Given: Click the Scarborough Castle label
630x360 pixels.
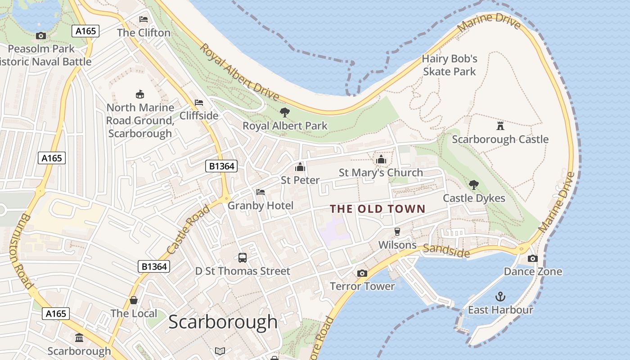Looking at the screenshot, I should click(500, 139).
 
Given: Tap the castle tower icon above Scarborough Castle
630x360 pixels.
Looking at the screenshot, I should click(500, 125).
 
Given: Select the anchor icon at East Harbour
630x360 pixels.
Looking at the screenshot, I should click(500, 297).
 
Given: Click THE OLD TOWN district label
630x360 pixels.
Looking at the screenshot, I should click(378, 209).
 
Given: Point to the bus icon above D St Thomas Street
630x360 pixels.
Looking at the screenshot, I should click(243, 258).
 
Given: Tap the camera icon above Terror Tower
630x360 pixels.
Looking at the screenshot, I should click(362, 273).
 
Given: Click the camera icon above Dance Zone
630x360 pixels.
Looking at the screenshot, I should click(532, 258).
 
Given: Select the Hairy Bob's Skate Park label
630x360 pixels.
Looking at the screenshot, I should click(449, 65).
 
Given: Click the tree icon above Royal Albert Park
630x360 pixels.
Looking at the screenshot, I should click(284, 112).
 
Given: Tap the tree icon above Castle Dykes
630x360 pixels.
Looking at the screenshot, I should click(473, 184).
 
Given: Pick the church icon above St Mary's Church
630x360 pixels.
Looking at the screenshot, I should click(381, 159).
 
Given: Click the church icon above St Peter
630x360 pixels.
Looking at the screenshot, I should click(300, 167).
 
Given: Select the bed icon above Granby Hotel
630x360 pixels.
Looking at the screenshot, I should click(261, 192).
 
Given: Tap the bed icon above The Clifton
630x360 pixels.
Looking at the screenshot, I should click(144, 19).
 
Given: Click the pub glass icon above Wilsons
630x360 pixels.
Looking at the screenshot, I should click(397, 232).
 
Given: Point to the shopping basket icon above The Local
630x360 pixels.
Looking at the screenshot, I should click(134, 300).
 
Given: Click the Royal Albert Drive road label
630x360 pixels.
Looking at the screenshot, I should click(239, 72).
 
